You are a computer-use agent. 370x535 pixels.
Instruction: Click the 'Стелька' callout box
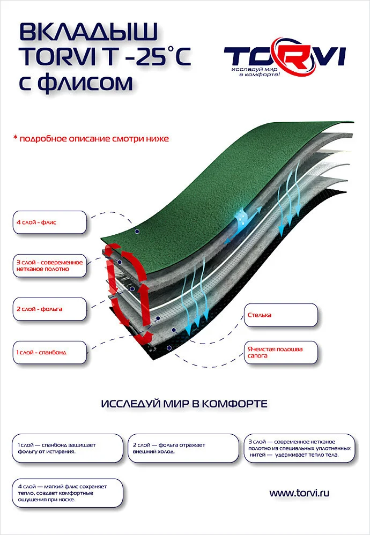click(x=280, y=315)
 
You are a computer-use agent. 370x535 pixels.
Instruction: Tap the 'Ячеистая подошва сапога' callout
click(x=280, y=352)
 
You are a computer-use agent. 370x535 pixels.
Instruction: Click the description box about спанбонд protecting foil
click(x=68, y=448)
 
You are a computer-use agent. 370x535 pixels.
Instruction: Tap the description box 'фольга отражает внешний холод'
click(x=183, y=448)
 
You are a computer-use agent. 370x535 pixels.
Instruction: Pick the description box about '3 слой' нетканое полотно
click(x=300, y=448)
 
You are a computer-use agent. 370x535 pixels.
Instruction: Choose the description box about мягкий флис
click(x=68, y=493)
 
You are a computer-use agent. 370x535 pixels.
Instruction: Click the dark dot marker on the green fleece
click(x=137, y=232)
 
